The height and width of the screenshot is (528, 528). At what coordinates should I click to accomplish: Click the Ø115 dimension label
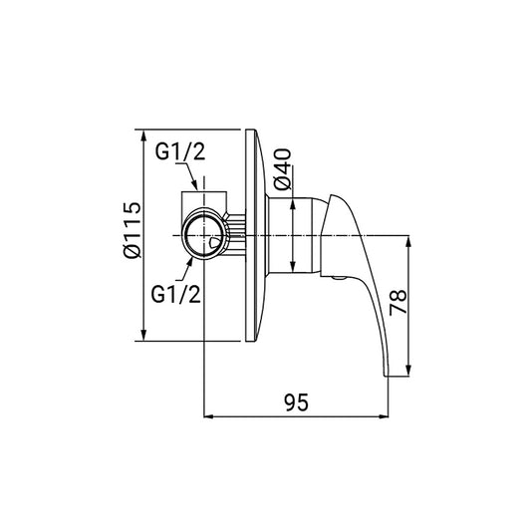[x=132, y=230]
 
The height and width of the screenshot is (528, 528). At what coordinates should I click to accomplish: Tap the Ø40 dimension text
[x=282, y=169]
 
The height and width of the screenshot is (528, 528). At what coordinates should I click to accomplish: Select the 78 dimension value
[x=397, y=302]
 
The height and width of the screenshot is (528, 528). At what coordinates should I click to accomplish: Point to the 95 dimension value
[x=296, y=402]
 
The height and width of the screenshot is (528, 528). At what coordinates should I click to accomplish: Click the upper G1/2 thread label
[x=180, y=151]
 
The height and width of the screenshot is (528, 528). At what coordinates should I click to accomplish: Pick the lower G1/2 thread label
[x=175, y=294]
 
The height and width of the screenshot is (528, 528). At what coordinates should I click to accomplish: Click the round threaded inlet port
[x=203, y=235]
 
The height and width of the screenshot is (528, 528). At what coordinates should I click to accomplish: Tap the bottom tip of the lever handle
[x=387, y=376]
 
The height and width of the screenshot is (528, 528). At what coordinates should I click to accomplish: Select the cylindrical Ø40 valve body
[x=293, y=235]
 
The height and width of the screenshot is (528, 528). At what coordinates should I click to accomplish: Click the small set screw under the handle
[x=338, y=278]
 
